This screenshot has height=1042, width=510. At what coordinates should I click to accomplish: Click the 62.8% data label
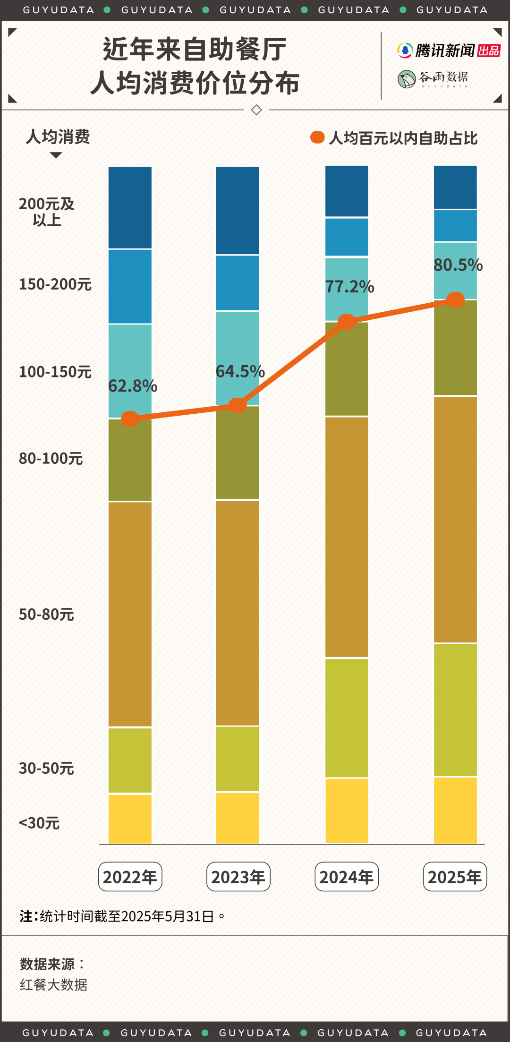point(133,386)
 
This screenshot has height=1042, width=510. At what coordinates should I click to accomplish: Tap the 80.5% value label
point(458,265)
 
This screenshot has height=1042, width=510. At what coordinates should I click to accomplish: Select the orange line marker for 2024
point(347,322)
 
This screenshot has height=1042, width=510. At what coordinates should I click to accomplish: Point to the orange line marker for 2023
point(238,405)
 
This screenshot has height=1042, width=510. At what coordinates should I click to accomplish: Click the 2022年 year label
point(130,877)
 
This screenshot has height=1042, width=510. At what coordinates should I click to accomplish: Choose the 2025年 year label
point(455,877)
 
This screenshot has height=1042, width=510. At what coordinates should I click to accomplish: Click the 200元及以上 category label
point(47,212)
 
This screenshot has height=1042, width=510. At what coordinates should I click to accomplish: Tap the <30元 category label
point(39,823)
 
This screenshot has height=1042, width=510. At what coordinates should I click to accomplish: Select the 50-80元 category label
point(46,614)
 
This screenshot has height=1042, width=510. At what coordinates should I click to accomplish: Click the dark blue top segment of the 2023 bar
point(238,210)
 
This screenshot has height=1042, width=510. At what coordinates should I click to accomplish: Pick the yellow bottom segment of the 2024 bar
point(347,811)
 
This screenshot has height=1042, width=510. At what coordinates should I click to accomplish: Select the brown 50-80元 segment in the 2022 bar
point(130,614)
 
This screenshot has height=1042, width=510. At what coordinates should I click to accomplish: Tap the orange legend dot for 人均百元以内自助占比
point(317,137)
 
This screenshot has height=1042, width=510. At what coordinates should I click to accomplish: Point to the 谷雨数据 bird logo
point(406,79)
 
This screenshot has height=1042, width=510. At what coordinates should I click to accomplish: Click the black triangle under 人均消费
point(56,155)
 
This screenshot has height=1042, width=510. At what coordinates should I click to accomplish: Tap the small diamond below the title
point(256,110)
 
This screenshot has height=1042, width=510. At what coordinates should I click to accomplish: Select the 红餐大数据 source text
point(53,985)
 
